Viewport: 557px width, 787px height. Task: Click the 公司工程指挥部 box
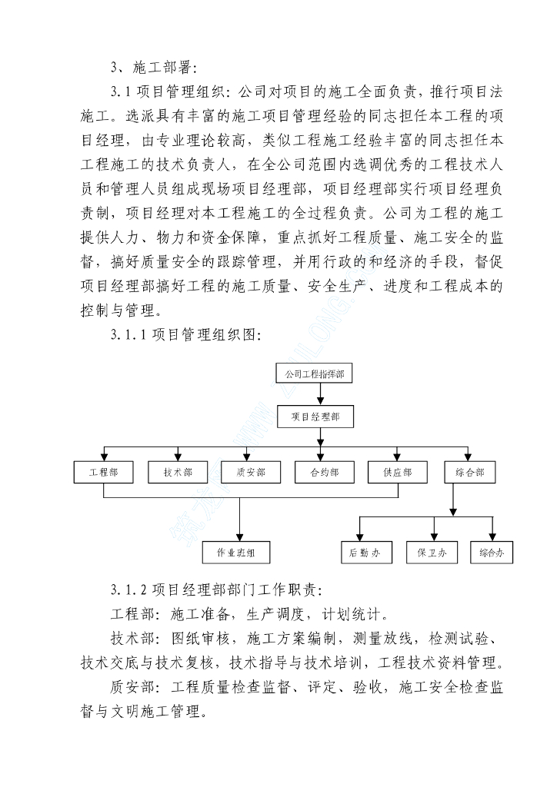pyautogui.click(x=315, y=374)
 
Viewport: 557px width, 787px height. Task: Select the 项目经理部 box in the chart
pyautogui.click(x=315, y=417)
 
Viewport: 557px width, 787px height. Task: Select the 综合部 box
pyautogui.click(x=470, y=472)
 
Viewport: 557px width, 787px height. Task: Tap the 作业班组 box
pyautogui.click(x=241, y=552)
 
